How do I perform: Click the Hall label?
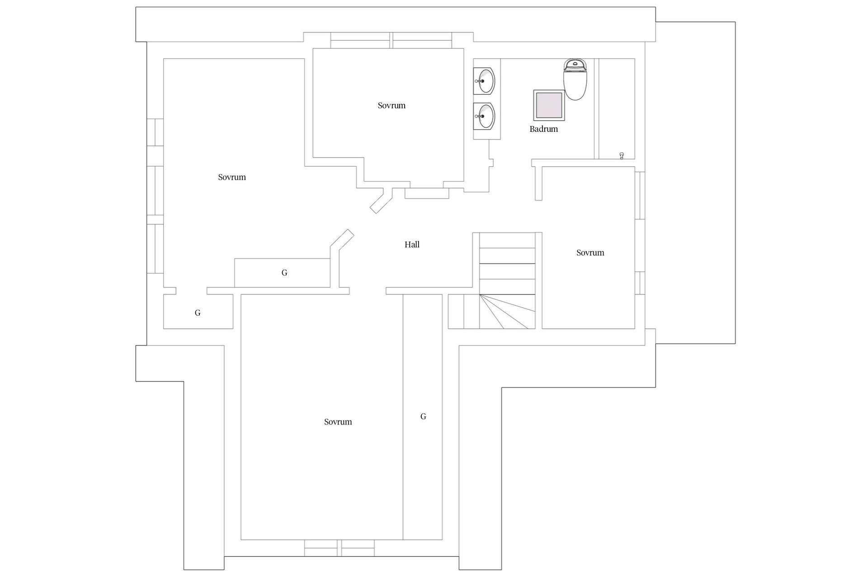click(412, 245)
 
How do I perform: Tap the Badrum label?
click(543, 129)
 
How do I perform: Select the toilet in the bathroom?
click(575, 79)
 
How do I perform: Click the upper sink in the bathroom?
click(484, 81)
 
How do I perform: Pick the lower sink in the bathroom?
click(484, 116)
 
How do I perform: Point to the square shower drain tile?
click(549, 105)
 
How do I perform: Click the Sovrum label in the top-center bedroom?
click(392, 106)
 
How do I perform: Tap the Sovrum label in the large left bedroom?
click(232, 177)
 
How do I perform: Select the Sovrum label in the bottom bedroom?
click(338, 422)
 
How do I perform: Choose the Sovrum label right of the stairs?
click(590, 253)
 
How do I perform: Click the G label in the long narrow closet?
click(423, 416)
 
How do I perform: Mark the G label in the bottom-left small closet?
click(198, 312)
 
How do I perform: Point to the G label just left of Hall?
click(284, 272)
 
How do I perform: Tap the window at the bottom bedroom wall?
click(339, 548)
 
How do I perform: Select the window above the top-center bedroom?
click(391, 40)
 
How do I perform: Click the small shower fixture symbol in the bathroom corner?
click(622, 156)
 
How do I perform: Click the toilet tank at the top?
click(575, 65)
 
